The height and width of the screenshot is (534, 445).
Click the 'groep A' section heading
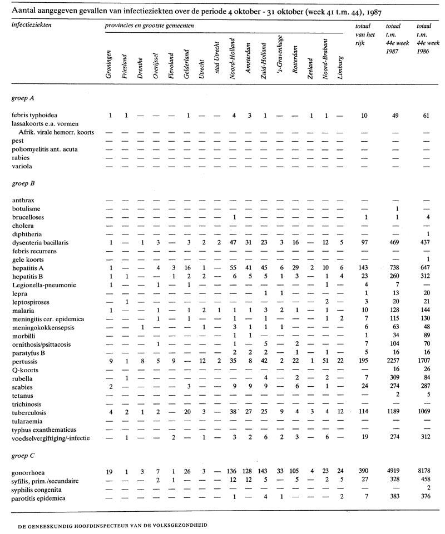(23, 98)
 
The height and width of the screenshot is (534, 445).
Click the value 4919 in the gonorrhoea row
(393, 471)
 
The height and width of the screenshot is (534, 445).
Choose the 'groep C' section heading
(23, 455)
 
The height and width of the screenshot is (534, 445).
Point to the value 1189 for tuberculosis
(393, 413)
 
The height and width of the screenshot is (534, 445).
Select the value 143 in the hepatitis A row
(364, 268)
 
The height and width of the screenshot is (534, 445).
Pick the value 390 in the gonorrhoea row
(364, 471)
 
